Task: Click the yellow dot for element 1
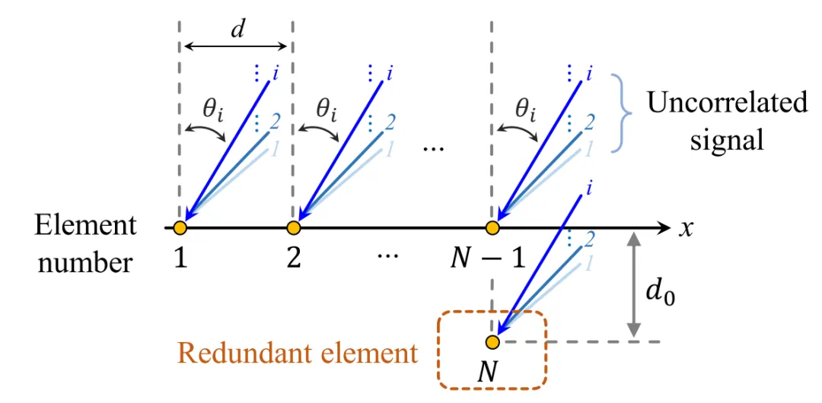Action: [x=180, y=227]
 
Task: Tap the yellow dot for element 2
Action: [x=293, y=227]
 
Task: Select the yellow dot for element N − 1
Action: [x=492, y=227]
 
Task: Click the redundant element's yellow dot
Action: [x=492, y=341]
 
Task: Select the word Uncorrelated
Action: [x=727, y=103]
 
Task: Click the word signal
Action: [x=727, y=140]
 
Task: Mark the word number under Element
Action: [x=85, y=262]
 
